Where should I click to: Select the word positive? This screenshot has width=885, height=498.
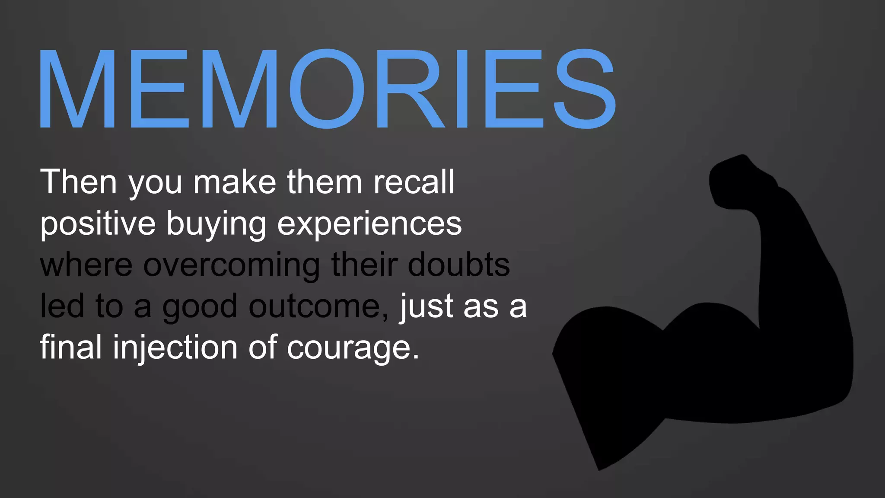pos(98,224)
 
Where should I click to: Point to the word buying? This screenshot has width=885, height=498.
pos(216,224)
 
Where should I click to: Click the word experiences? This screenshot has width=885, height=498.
pos(369,224)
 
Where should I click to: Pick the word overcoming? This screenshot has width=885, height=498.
pos(232,265)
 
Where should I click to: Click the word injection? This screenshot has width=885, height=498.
pos(175,348)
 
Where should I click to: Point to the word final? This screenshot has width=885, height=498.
pos(71,348)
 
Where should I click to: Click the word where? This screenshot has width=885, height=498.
pos(86,265)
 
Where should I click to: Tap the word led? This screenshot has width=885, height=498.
pos(62,306)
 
